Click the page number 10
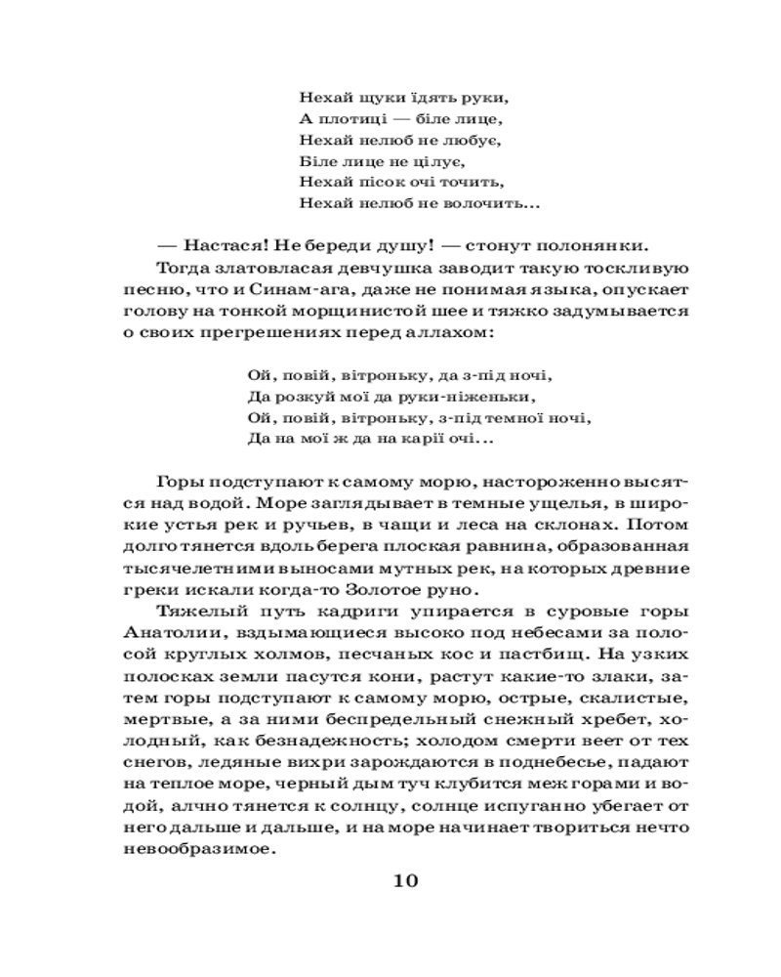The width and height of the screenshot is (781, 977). (x=405, y=880)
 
